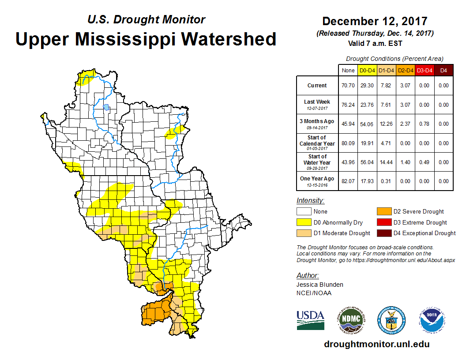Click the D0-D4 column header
point(367,70)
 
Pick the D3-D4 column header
point(425,70)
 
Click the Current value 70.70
point(348,86)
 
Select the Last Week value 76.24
point(348,105)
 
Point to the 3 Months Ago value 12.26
point(386,124)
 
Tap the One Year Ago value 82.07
point(348,181)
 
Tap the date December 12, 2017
point(375,21)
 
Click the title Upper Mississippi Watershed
point(146,39)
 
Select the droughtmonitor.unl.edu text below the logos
point(376,344)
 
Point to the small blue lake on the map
point(106,107)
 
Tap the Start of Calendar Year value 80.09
point(348,143)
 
